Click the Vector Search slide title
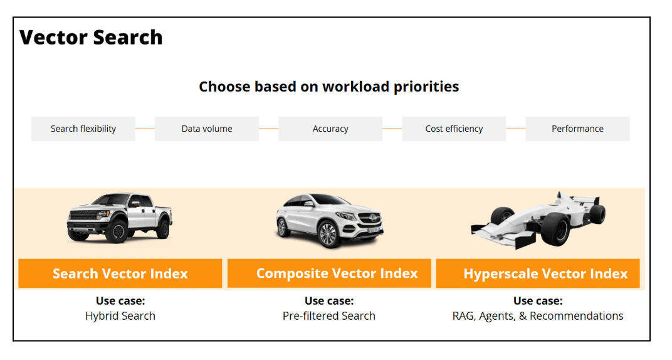tap(91, 37)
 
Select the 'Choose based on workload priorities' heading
tap(328, 87)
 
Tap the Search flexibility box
tap(83, 129)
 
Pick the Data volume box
tap(207, 129)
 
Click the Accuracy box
tap(330, 129)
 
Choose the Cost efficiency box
tap(454, 129)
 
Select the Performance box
tap(577, 129)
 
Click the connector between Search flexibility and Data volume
tap(145, 129)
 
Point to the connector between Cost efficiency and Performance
tap(515, 128)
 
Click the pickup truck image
tap(120, 218)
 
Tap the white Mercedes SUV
tap(329, 220)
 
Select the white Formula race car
tap(538, 220)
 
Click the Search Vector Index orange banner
tap(120, 273)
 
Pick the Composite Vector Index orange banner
tap(329, 273)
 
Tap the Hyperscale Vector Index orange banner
tap(538, 273)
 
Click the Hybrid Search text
tap(120, 316)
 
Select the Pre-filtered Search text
tap(328, 316)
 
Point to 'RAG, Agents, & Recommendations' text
tap(538, 316)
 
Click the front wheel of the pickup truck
tap(118, 231)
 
